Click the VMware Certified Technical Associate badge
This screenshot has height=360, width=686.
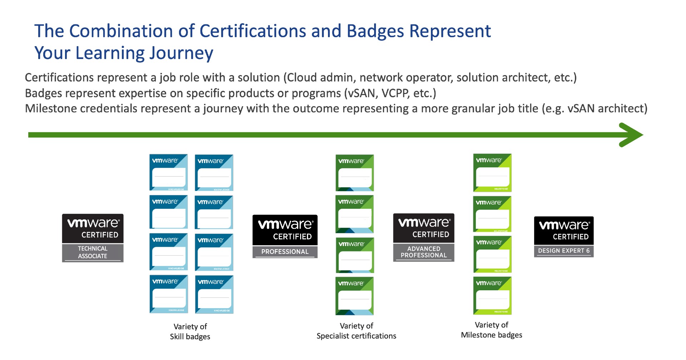pyautogui.click(x=93, y=238)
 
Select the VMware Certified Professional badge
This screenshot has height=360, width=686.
pyautogui.click(x=285, y=236)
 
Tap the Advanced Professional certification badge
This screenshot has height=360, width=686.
pyautogui.click(x=424, y=237)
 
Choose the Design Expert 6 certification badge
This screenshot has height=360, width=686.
pyautogui.click(x=563, y=236)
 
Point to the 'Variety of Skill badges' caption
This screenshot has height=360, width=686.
pyautogui.click(x=190, y=331)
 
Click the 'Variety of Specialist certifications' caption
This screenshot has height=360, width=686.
pyautogui.click(x=356, y=331)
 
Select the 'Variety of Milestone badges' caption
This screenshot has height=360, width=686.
pyautogui.click(x=491, y=330)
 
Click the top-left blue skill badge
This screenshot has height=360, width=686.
pyautogui.click(x=169, y=172)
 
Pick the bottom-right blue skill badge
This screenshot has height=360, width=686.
pyautogui.click(x=214, y=294)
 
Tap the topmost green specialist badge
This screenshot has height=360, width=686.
pyautogui.click(x=355, y=173)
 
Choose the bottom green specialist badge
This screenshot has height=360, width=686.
pyautogui.click(x=354, y=296)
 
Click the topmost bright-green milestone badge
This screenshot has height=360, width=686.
pyautogui.click(x=492, y=173)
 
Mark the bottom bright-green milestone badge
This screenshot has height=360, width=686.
pyautogui.click(x=492, y=296)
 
